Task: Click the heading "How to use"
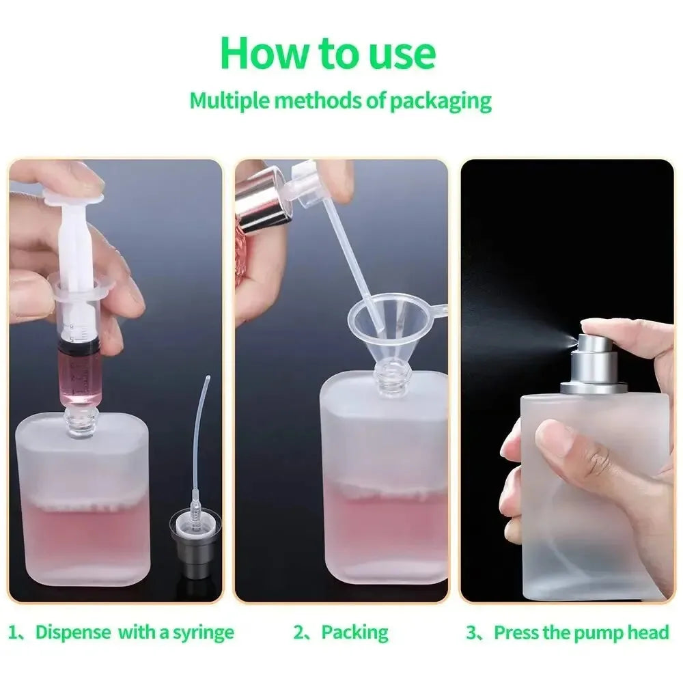[328, 53]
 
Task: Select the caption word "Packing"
[354, 632]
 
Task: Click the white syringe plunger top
[73, 199]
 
